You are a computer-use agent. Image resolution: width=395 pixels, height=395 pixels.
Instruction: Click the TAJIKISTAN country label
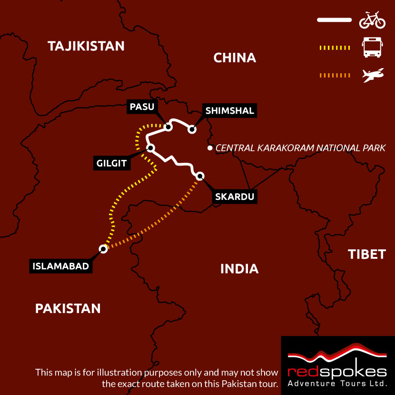(86, 46)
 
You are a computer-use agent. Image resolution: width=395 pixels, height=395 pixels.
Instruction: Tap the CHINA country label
(235, 58)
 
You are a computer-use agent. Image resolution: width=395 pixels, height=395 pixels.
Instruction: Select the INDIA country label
(239, 269)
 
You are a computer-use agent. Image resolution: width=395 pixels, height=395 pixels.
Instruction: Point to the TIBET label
(366, 254)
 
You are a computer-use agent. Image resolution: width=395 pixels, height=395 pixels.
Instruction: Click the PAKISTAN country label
(68, 308)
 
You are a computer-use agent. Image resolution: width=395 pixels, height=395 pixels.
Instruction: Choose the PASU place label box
(142, 107)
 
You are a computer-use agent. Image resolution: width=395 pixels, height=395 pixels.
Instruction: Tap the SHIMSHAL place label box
(230, 111)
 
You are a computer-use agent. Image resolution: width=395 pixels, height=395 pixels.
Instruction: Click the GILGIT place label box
(112, 164)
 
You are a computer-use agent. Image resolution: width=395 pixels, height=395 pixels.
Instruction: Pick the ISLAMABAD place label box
(61, 267)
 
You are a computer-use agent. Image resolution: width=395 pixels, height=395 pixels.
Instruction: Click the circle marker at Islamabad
(103, 248)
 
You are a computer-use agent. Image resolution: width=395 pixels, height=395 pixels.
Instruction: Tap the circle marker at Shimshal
(192, 129)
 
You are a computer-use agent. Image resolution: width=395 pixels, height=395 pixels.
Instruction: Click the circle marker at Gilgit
(150, 148)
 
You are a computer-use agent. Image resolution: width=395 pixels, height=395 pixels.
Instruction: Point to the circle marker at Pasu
(168, 127)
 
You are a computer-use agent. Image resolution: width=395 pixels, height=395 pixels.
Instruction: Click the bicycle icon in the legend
(372, 20)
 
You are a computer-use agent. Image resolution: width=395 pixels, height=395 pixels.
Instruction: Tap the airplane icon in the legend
(373, 75)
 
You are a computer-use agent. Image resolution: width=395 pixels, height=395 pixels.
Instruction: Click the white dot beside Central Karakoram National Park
(209, 148)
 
